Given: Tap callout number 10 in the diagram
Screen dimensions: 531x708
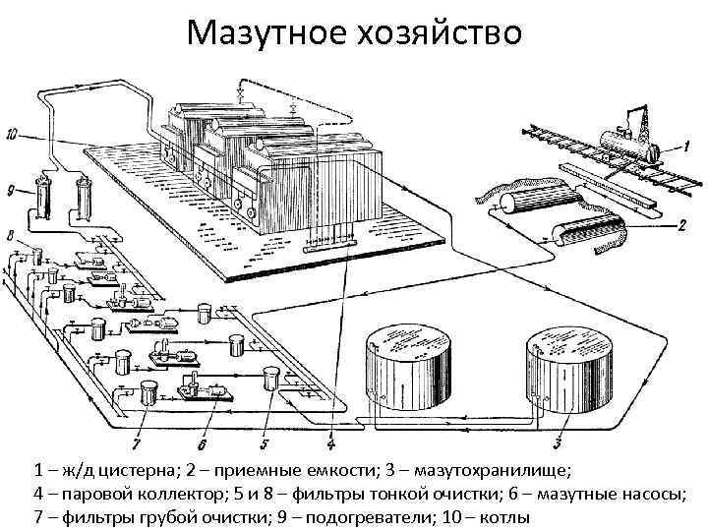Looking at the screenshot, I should click(12, 133).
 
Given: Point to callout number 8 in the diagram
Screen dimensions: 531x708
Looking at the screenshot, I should click(9, 237).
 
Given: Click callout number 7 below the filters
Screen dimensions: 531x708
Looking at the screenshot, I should click(138, 430).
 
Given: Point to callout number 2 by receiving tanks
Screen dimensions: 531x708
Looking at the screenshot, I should click(680, 224).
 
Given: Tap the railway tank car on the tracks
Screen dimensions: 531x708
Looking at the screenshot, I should click(629, 138).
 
